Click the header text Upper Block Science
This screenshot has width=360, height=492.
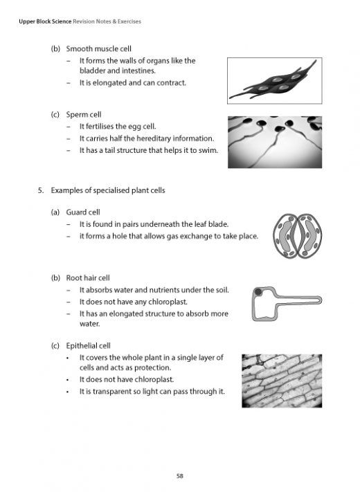pyautogui.click(x=41, y=21)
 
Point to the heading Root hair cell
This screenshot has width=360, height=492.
pyautogui.click(x=90, y=277)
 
